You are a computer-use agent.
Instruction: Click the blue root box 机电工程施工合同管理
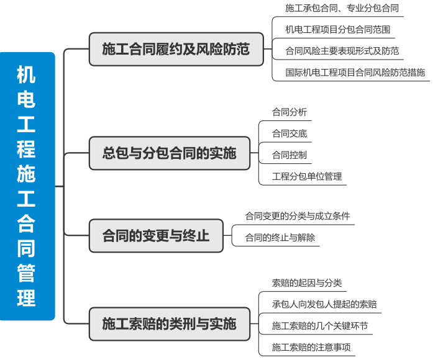click(x=27, y=186)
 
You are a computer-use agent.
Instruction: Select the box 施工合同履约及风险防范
click(x=176, y=49)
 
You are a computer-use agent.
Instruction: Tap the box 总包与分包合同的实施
click(x=170, y=153)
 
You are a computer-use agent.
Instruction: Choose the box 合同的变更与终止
click(x=156, y=236)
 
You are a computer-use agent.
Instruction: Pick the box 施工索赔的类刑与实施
click(x=170, y=323)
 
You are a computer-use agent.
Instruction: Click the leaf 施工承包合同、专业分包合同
click(x=342, y=9)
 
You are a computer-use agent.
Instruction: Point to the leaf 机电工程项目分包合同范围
click(x=337, y=29)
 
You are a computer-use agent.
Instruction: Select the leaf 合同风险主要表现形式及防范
click(x=342, y=51)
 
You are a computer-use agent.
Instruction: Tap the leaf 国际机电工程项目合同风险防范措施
click(x=355, y=72)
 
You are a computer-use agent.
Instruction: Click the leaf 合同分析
click(x=290, y=112)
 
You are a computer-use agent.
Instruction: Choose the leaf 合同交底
click(x=290, y=133)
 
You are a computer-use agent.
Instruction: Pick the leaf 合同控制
click(x=290, y=155)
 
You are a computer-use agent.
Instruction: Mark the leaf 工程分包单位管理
click(x=307, y=176)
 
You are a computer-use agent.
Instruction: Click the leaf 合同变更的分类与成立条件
click(x=298, y=216)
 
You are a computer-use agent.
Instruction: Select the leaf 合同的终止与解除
click(x=280, y=237)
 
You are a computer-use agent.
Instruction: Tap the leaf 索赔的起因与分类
click(x=307, y=283)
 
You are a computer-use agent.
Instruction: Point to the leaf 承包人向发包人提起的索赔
click(x=324, y=304)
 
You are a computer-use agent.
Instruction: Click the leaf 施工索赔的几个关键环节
click(x=320, y=326)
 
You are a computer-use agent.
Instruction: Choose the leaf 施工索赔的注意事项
click(x=311, y=347)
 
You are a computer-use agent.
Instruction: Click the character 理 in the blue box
click(x=26, y=297)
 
